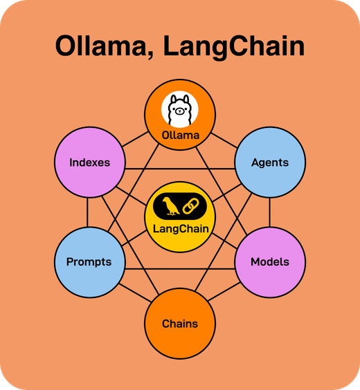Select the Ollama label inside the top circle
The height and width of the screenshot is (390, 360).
pos(180,136)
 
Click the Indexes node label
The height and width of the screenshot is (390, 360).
pos(89,163)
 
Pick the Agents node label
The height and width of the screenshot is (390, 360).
pos(270,163)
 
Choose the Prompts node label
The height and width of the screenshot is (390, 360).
pos(89,262)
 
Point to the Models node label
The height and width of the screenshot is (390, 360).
pos(270,262)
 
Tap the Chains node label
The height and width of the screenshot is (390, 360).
pos(180,324)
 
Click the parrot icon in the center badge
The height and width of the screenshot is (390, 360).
pos(168,205)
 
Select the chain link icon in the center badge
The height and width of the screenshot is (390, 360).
pos(191,205)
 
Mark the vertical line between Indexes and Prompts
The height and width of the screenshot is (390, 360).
pos(89,212)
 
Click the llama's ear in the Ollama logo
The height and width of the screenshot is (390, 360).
pos(172,99)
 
